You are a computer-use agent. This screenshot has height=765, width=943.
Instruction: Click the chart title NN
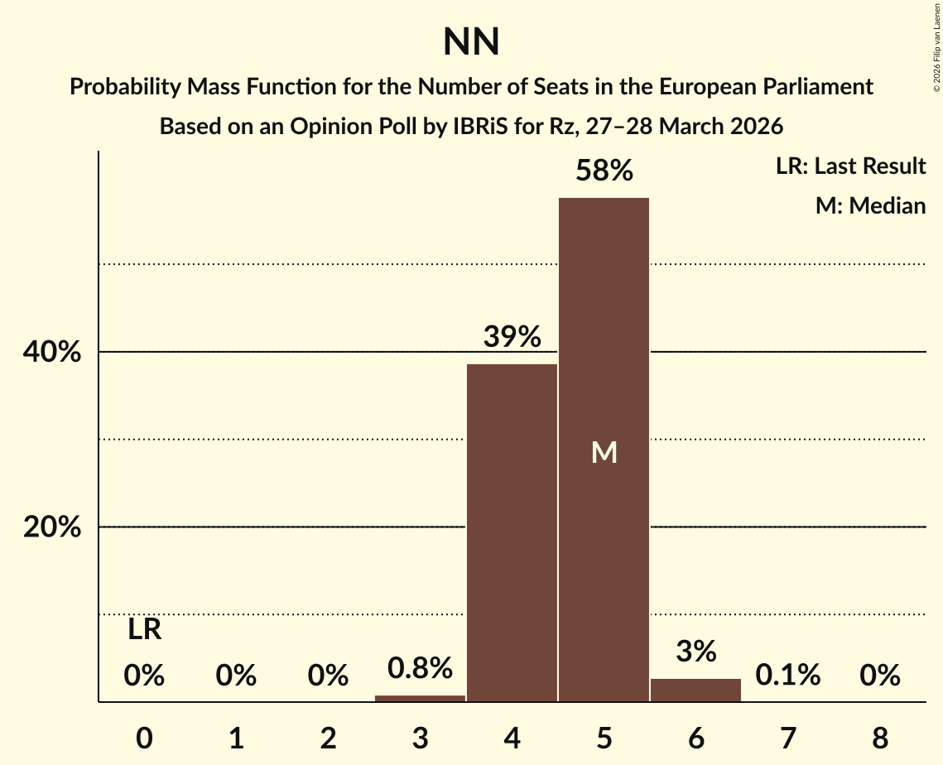coord(471,41)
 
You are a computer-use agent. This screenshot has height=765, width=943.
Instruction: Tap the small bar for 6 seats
coord(695,690)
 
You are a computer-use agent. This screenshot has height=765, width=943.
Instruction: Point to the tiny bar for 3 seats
coord(420,698)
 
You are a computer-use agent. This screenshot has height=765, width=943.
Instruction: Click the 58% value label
coord(604,171)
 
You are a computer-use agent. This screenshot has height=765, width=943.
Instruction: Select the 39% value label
coord(512,338)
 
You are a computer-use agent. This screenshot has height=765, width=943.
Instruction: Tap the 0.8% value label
coord(420,667)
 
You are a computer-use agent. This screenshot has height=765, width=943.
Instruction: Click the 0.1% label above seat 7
coord(787,676)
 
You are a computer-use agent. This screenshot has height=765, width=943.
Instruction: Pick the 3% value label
coord(695,652)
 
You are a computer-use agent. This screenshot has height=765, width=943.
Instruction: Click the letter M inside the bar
coord(604,452)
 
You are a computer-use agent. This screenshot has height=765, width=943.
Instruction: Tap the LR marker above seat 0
coord(144,630)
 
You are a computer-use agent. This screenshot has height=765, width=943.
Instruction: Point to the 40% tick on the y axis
coord(52,353)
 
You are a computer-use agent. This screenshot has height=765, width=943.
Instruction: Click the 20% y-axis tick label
coord(52,527)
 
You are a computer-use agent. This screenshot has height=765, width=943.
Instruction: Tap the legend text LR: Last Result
coord(850,166)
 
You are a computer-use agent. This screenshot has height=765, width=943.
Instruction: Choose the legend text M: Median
coord(870,205)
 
